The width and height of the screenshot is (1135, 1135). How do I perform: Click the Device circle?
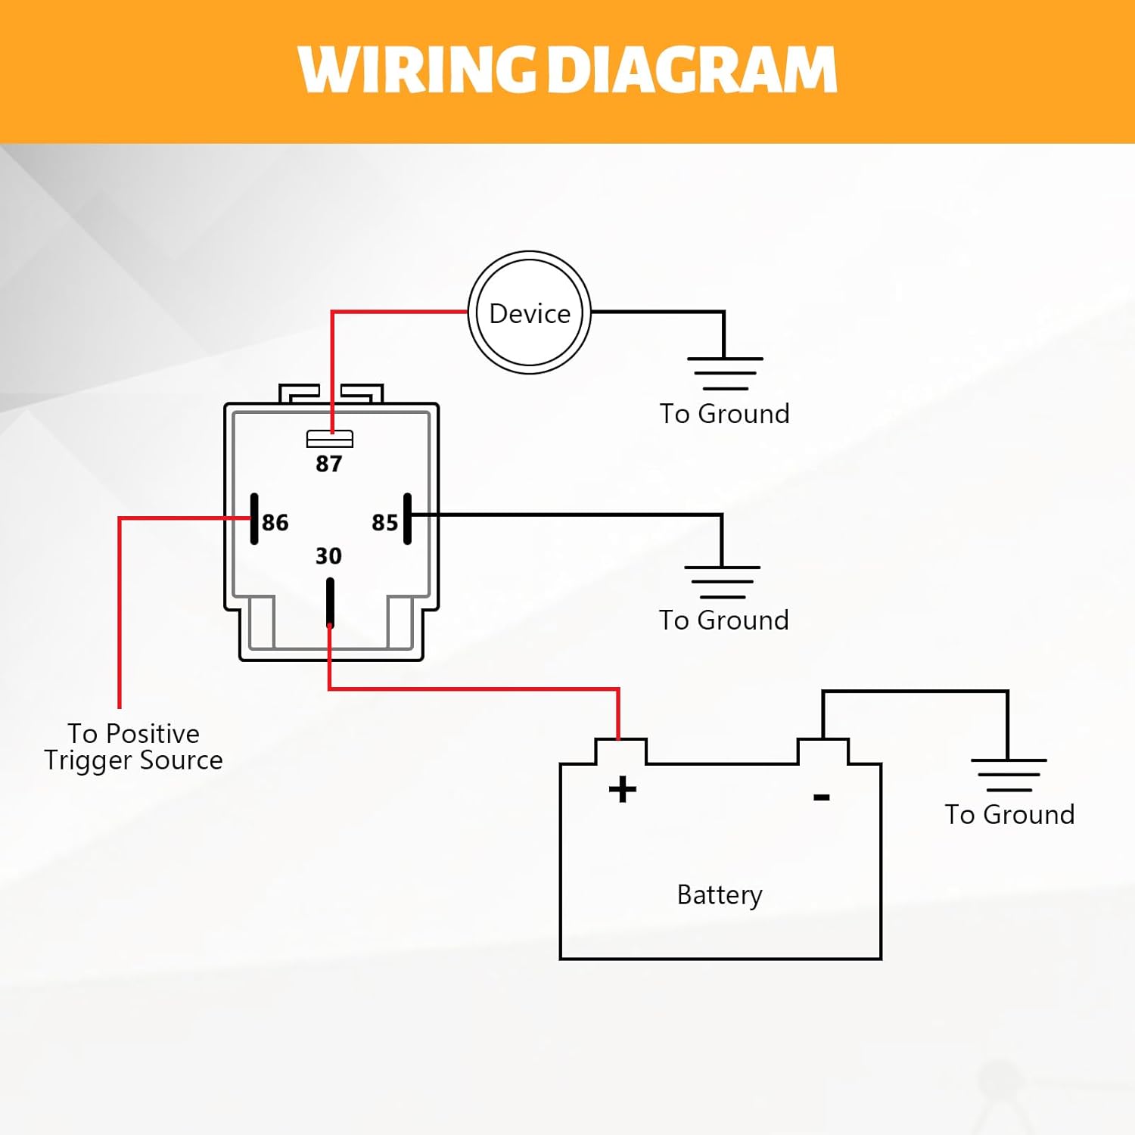pos(529,313)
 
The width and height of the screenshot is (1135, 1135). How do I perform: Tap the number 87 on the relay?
pos(328,463)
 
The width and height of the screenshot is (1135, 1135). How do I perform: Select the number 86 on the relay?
pos(275,522)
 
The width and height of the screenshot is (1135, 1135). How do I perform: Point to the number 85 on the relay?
pos(384,522)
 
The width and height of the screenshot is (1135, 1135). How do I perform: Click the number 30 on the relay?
pos(328,556)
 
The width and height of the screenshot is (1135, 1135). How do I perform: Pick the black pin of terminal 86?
pos(254,519)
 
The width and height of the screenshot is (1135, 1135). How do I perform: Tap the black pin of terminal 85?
pos(408,519)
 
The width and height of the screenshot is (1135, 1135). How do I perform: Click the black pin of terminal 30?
pos(330,602)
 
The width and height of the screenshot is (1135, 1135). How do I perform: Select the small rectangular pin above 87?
pos(329,439)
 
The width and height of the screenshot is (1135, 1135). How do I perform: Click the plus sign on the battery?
pos(623,789)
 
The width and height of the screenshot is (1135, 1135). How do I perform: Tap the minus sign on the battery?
pos(822,797)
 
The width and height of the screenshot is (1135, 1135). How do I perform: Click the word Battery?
pos(720,895)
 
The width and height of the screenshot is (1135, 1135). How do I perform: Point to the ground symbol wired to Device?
pos(725,373)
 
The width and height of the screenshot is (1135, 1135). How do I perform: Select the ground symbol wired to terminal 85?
pos(722,581)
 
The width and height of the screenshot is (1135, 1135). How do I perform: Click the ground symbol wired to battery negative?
pos(1009,774)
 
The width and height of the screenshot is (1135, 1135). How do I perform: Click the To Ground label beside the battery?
pos(1009,814)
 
